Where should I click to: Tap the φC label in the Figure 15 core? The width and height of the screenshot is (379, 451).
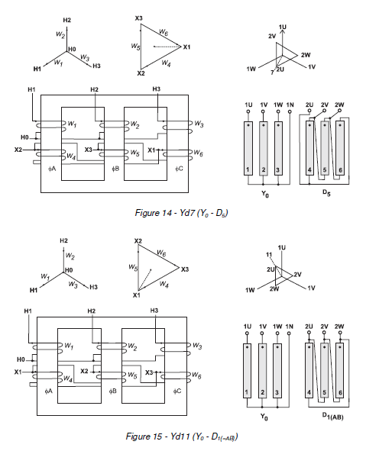(x=178, y=390)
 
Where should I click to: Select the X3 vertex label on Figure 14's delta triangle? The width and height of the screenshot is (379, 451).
(x=138, y=18)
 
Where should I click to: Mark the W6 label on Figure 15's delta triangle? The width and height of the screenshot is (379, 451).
(x=162, y=252)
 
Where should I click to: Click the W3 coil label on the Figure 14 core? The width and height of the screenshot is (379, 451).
(x=199, y=123)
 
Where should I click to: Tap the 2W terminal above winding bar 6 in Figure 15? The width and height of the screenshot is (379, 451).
(x=340, y=326)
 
